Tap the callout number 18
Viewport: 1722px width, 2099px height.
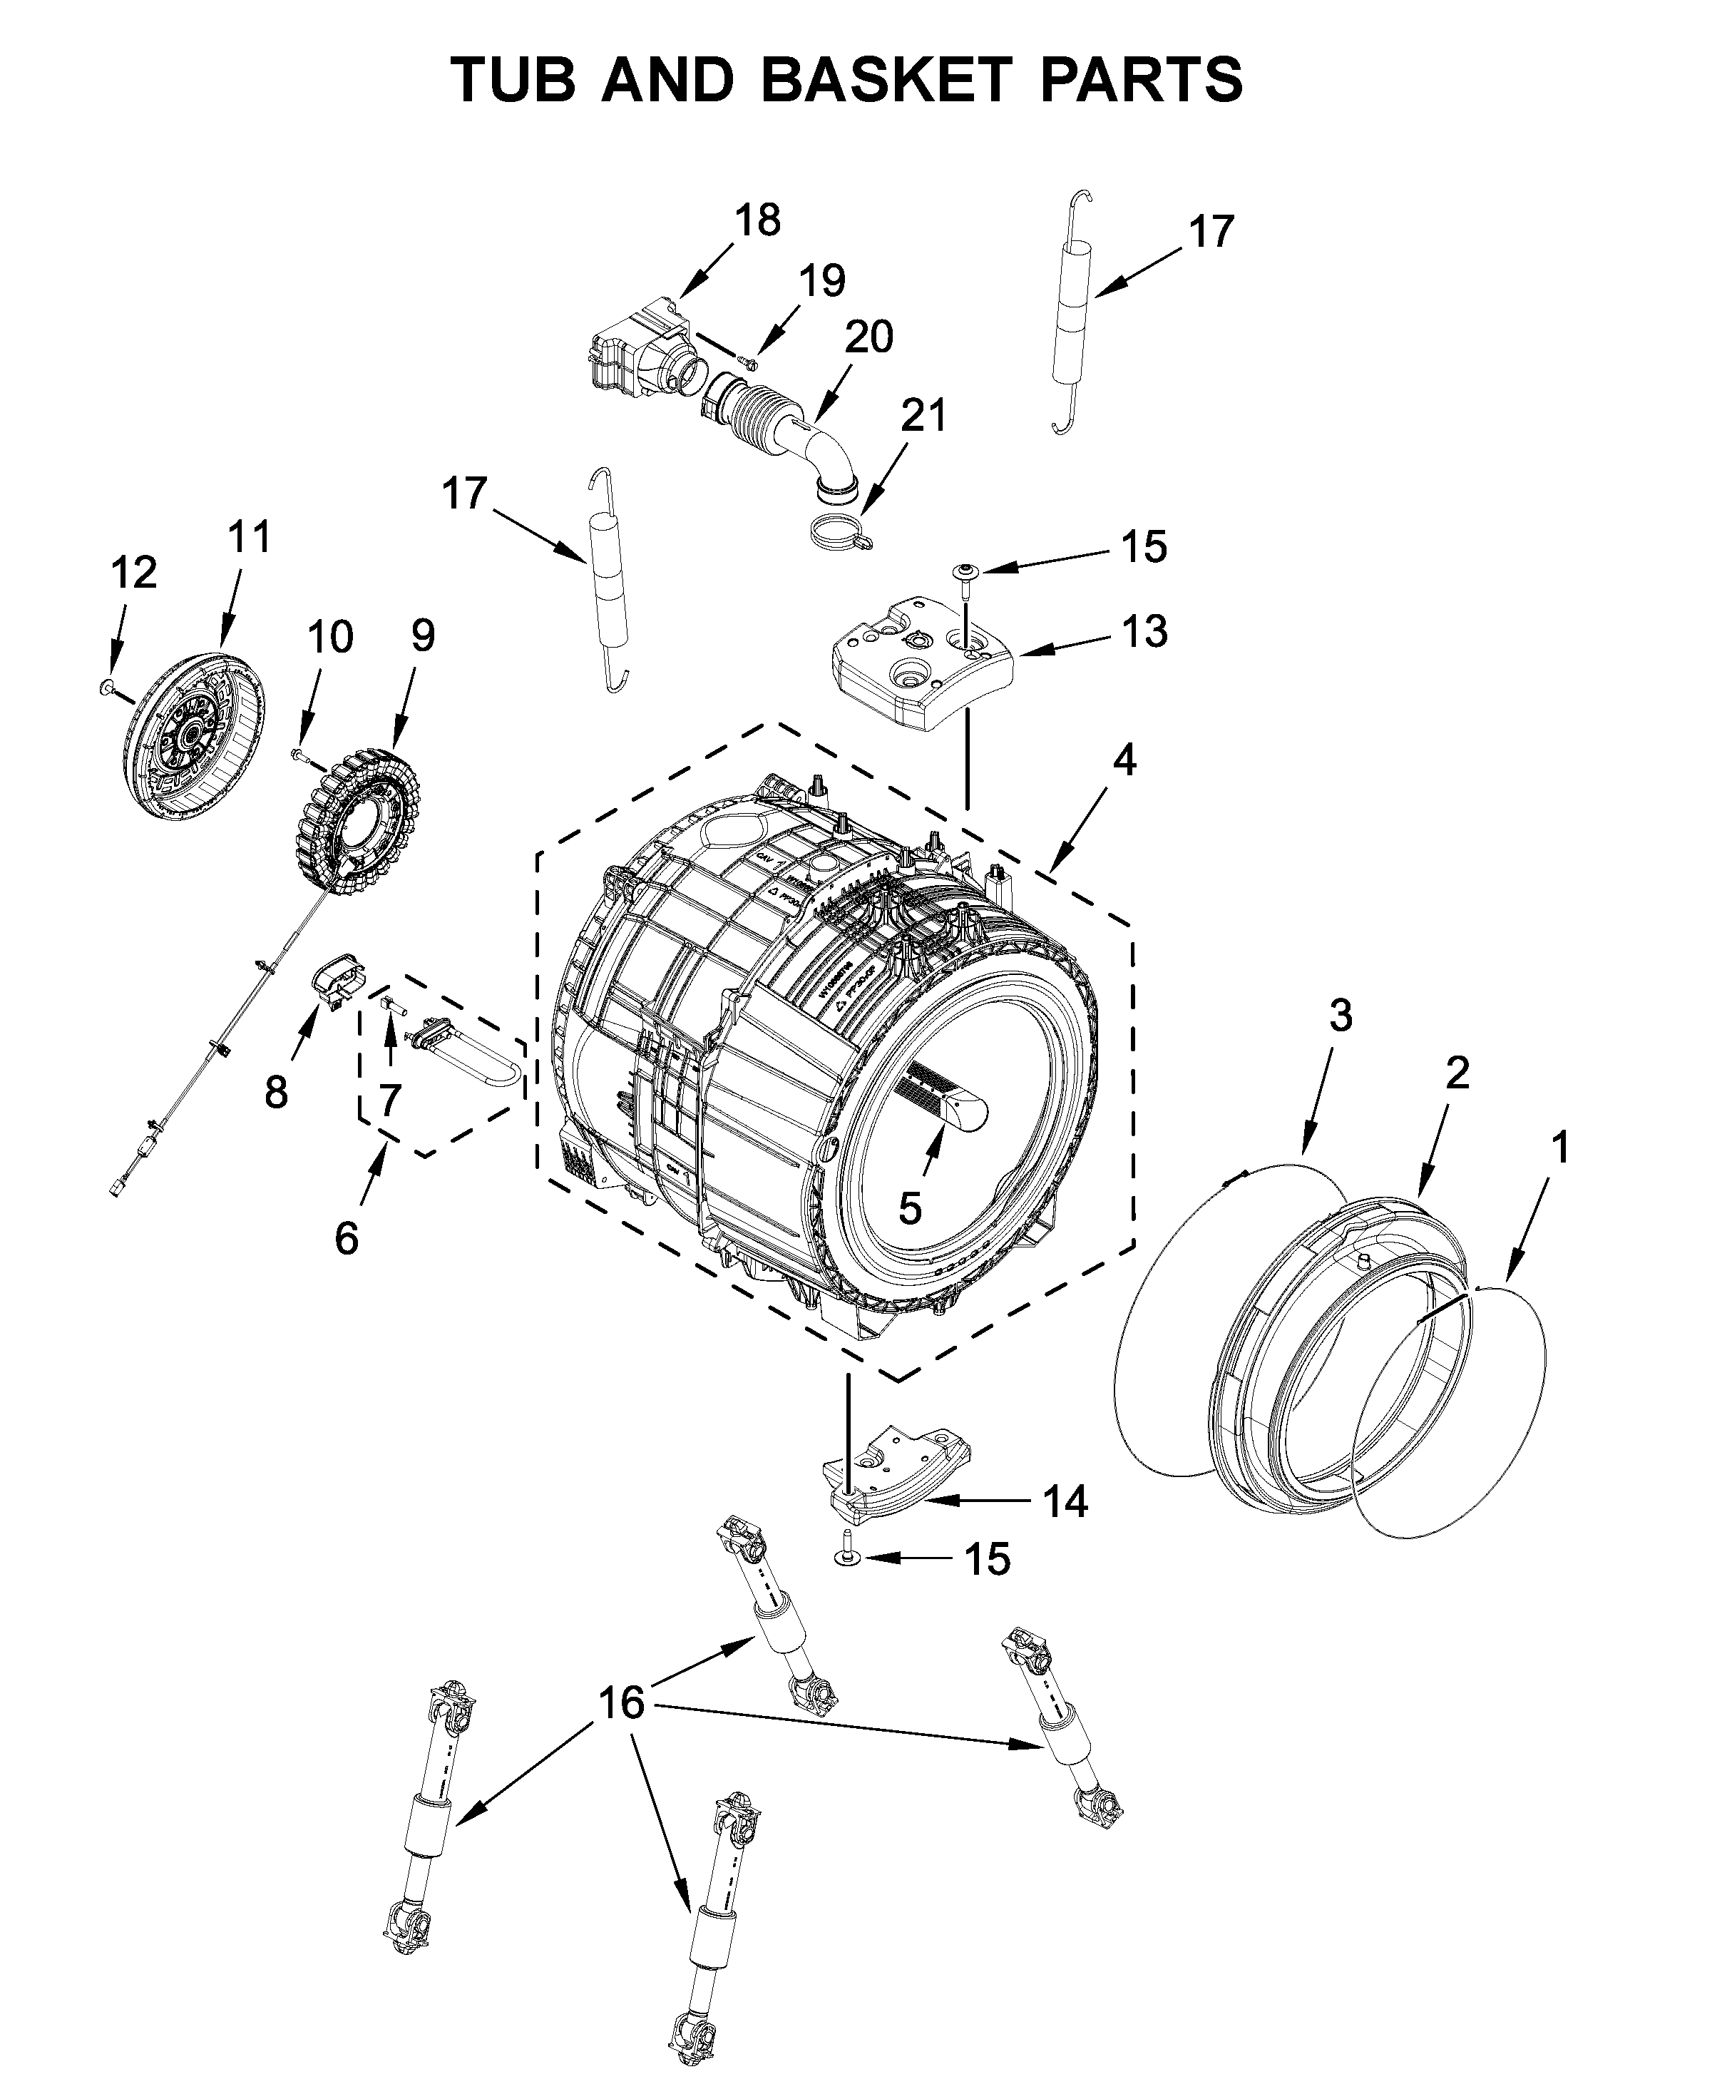757,220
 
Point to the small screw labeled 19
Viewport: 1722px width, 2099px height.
748,359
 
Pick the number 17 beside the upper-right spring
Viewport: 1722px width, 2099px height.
1210,231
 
